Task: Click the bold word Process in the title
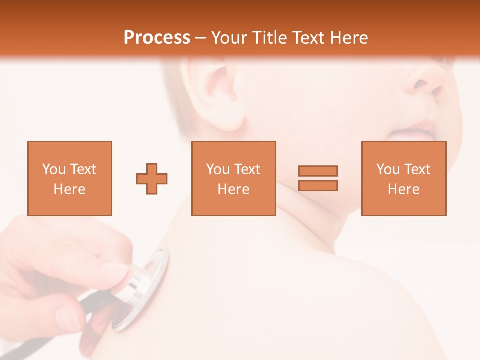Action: [157, 38]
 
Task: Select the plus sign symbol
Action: [152, 179]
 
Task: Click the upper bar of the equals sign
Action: [318, 171]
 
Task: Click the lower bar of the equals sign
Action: [318, 185]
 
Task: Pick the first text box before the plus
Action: [70, 178]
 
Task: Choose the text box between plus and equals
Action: [233, 178]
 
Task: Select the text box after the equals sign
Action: [403, 178]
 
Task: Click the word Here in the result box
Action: [403, 189]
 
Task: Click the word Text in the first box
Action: [84, 169]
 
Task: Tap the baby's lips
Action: [415, 131]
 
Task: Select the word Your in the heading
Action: [229, 38]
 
